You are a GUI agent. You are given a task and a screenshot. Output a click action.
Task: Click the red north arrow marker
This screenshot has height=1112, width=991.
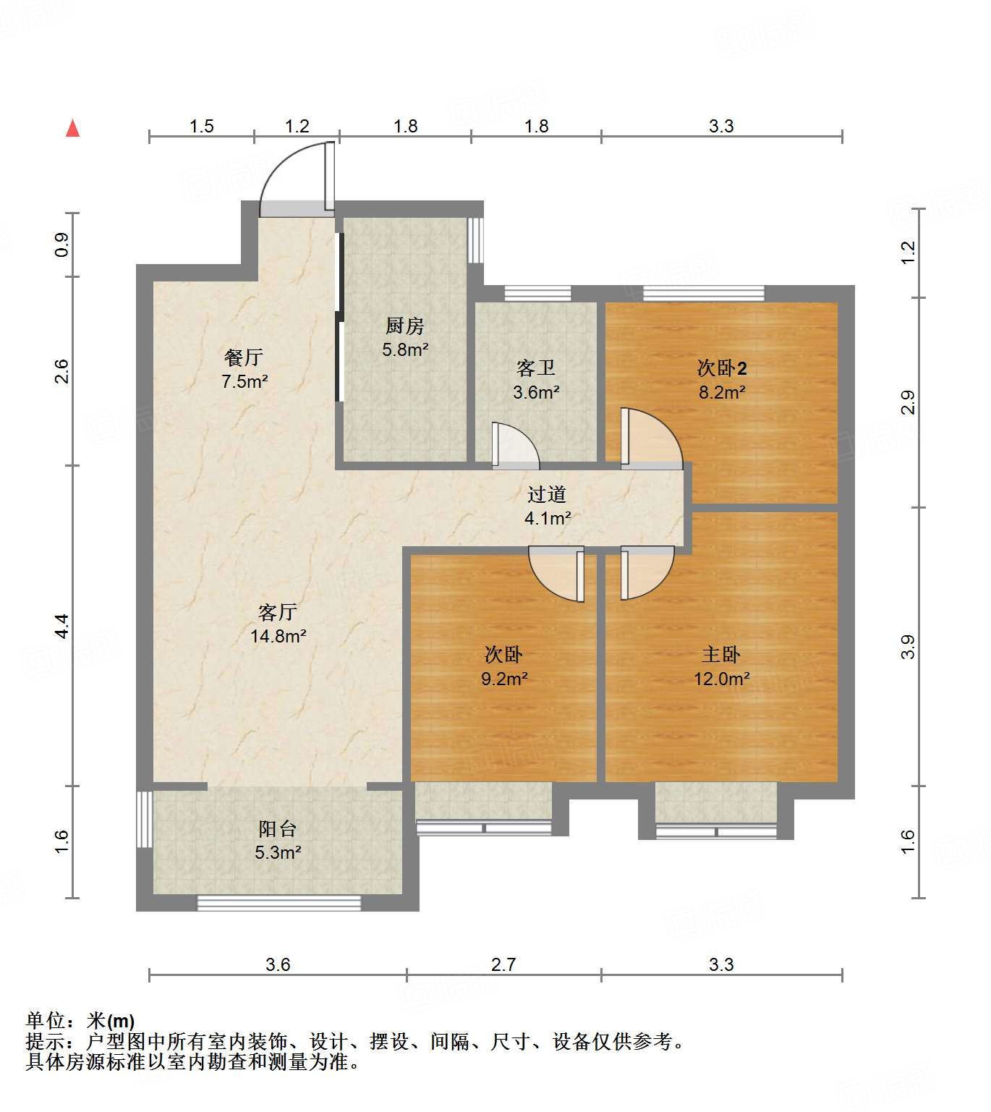[x=72, y=128]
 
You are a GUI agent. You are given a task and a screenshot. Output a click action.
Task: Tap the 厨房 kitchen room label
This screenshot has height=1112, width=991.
[x=404, y=326]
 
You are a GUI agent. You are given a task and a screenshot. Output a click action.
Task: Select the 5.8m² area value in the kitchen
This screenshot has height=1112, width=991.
[x=405, y=350]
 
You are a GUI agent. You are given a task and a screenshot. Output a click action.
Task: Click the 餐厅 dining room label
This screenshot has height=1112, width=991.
[x=243, y=357]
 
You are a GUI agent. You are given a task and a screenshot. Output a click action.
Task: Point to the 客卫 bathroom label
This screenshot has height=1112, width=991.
[x=536, y=368]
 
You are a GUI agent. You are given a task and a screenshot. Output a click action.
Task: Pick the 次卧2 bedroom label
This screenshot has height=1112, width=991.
[x=721, y=368]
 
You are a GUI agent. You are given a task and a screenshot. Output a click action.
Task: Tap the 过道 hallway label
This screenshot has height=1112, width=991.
[x=546, y=495]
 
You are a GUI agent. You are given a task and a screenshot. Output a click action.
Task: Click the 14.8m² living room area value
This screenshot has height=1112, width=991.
[x=278, y=637]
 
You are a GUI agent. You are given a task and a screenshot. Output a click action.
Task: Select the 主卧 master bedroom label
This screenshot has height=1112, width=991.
[x=721, y=655]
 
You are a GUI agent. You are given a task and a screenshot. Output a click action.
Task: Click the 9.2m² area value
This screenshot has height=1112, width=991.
[x=504, y=679]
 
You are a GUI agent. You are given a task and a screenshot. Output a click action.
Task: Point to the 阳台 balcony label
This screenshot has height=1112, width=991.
[x=278, y=828]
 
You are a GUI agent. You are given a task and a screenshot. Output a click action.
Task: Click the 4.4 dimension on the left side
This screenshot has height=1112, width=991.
[x=62, y=625]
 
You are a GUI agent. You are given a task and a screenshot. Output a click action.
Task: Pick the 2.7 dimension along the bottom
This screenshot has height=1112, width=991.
[x=503, y=964]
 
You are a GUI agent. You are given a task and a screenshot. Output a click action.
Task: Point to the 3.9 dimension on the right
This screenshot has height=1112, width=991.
[x=908, y=646]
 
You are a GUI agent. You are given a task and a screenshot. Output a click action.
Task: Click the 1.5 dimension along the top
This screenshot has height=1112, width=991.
[x=202, y=127]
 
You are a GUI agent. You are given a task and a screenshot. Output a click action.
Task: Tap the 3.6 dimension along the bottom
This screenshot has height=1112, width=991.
[x=278, y=964]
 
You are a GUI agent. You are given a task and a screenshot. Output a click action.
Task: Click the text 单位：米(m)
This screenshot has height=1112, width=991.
[x=80, y=1021]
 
